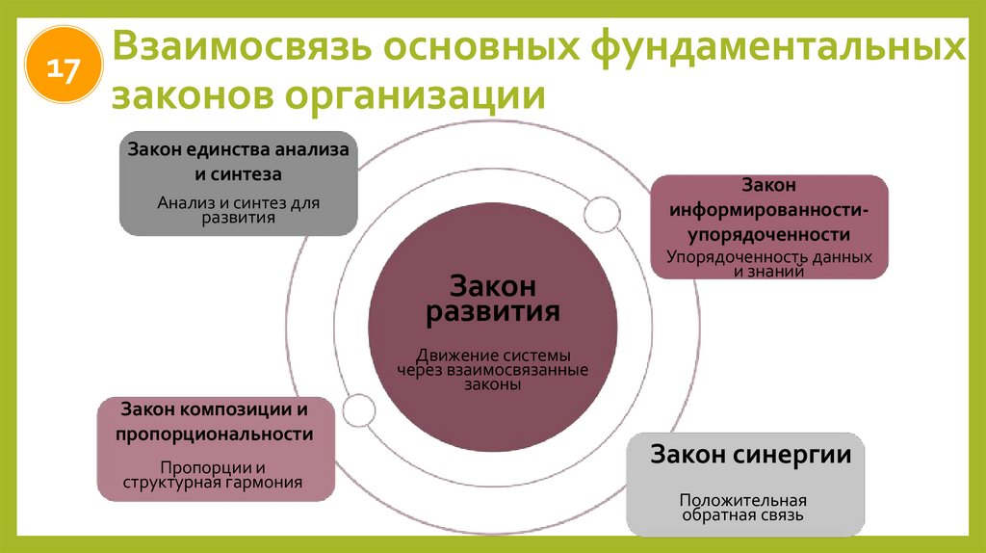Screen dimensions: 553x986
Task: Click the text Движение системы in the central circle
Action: pyautogui.click(x=492, y=354)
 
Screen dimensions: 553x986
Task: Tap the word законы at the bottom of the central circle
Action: pyautogui.click(x=492, y=383)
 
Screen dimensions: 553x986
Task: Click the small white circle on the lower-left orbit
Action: pyautogui.click(x=358, y=410)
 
